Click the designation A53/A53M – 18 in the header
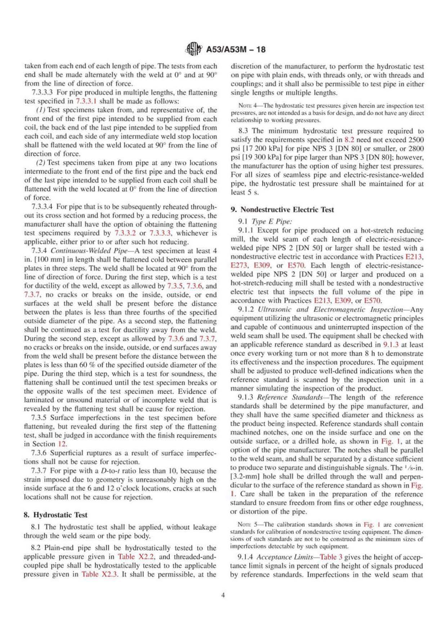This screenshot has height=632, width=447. [236, 50]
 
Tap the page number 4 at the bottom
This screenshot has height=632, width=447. [223, 595]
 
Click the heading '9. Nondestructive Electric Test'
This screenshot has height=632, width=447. [282, 210]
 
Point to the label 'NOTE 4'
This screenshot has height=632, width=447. [247, 106]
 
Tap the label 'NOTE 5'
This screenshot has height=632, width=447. [246, 525]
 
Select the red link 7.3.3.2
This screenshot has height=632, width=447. [125, 233]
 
